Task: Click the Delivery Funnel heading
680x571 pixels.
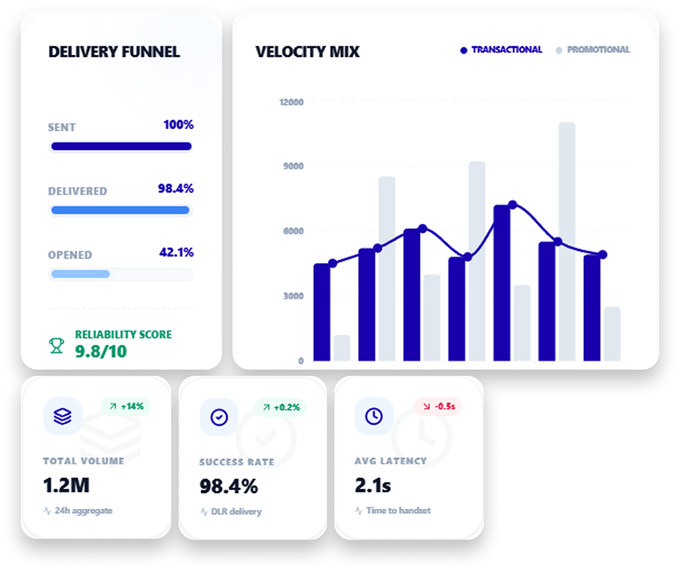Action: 114,52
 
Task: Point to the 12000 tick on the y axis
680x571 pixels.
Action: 291,102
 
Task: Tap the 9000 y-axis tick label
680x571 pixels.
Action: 293,166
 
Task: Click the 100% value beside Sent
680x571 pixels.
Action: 178,125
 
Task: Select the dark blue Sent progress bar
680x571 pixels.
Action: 121,146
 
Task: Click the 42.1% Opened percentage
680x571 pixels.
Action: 176,252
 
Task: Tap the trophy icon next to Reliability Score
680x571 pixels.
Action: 56,345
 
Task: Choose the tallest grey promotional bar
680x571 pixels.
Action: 567,241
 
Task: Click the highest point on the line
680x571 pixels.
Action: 513,204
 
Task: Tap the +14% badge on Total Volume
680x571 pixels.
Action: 127,406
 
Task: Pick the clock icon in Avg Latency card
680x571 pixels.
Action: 374,416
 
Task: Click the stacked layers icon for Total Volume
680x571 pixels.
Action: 63,416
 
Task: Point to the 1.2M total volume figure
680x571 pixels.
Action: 66,485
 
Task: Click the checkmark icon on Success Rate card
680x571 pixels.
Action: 219,417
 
